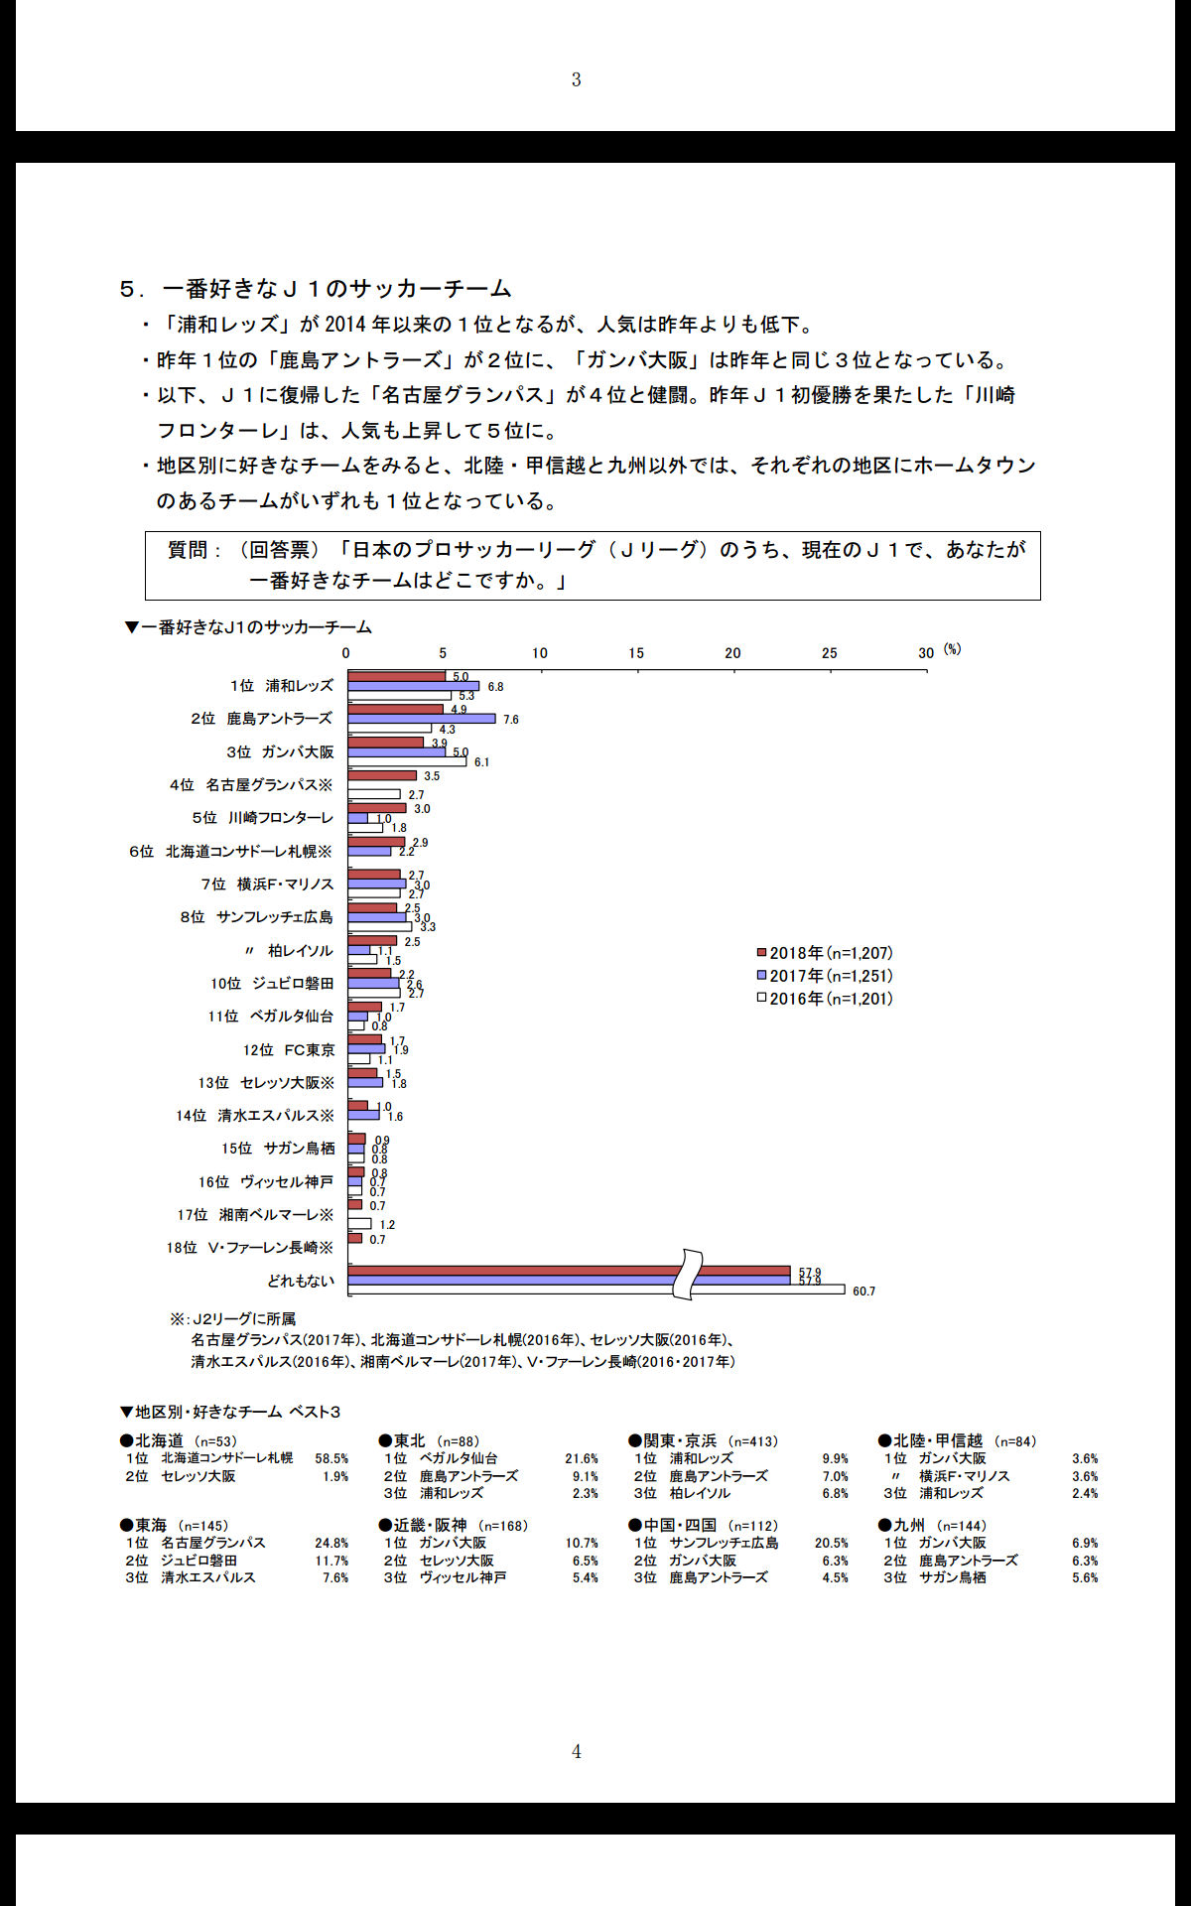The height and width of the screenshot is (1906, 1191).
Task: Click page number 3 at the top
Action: (x=576, y=79)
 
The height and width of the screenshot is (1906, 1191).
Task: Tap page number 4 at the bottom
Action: (x=577, y=1751)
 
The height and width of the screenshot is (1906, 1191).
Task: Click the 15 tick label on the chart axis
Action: (x=636, y=653)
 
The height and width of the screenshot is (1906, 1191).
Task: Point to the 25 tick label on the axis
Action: (x=830, y=653)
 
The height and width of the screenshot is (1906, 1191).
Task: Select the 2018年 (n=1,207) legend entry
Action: (x=825, y=953)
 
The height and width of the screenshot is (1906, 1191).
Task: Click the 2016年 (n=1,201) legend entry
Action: (x=825, y=999)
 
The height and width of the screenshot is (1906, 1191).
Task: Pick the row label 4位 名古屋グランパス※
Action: (x=251, y=785)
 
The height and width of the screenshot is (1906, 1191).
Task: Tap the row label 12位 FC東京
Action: (x=289, y=1050)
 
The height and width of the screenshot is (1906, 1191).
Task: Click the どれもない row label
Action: (x=301, y=1282)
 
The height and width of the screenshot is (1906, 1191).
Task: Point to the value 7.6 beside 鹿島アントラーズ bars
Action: (x=511, y=720)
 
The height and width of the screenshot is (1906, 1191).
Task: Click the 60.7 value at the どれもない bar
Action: (x=863, y=1292)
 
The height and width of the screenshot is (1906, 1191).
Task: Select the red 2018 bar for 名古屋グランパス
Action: (x=382, y=775)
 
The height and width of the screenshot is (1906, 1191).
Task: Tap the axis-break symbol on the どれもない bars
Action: (x=687, y=1275)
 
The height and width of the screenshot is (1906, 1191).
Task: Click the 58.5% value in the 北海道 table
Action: (x=331, y=1459)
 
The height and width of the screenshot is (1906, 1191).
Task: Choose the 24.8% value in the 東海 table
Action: (x=331, y=1544)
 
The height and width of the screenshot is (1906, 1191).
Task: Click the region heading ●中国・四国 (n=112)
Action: (x=703, y=1525)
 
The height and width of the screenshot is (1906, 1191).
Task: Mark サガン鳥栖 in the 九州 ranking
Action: (x=952, y=1577)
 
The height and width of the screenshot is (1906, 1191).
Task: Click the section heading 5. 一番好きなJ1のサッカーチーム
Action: (x=316, y=289)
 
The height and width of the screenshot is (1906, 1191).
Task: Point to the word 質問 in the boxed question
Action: (x=188, y=550)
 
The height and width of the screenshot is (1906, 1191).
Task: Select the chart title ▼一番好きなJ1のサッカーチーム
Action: (x=247, y=627)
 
